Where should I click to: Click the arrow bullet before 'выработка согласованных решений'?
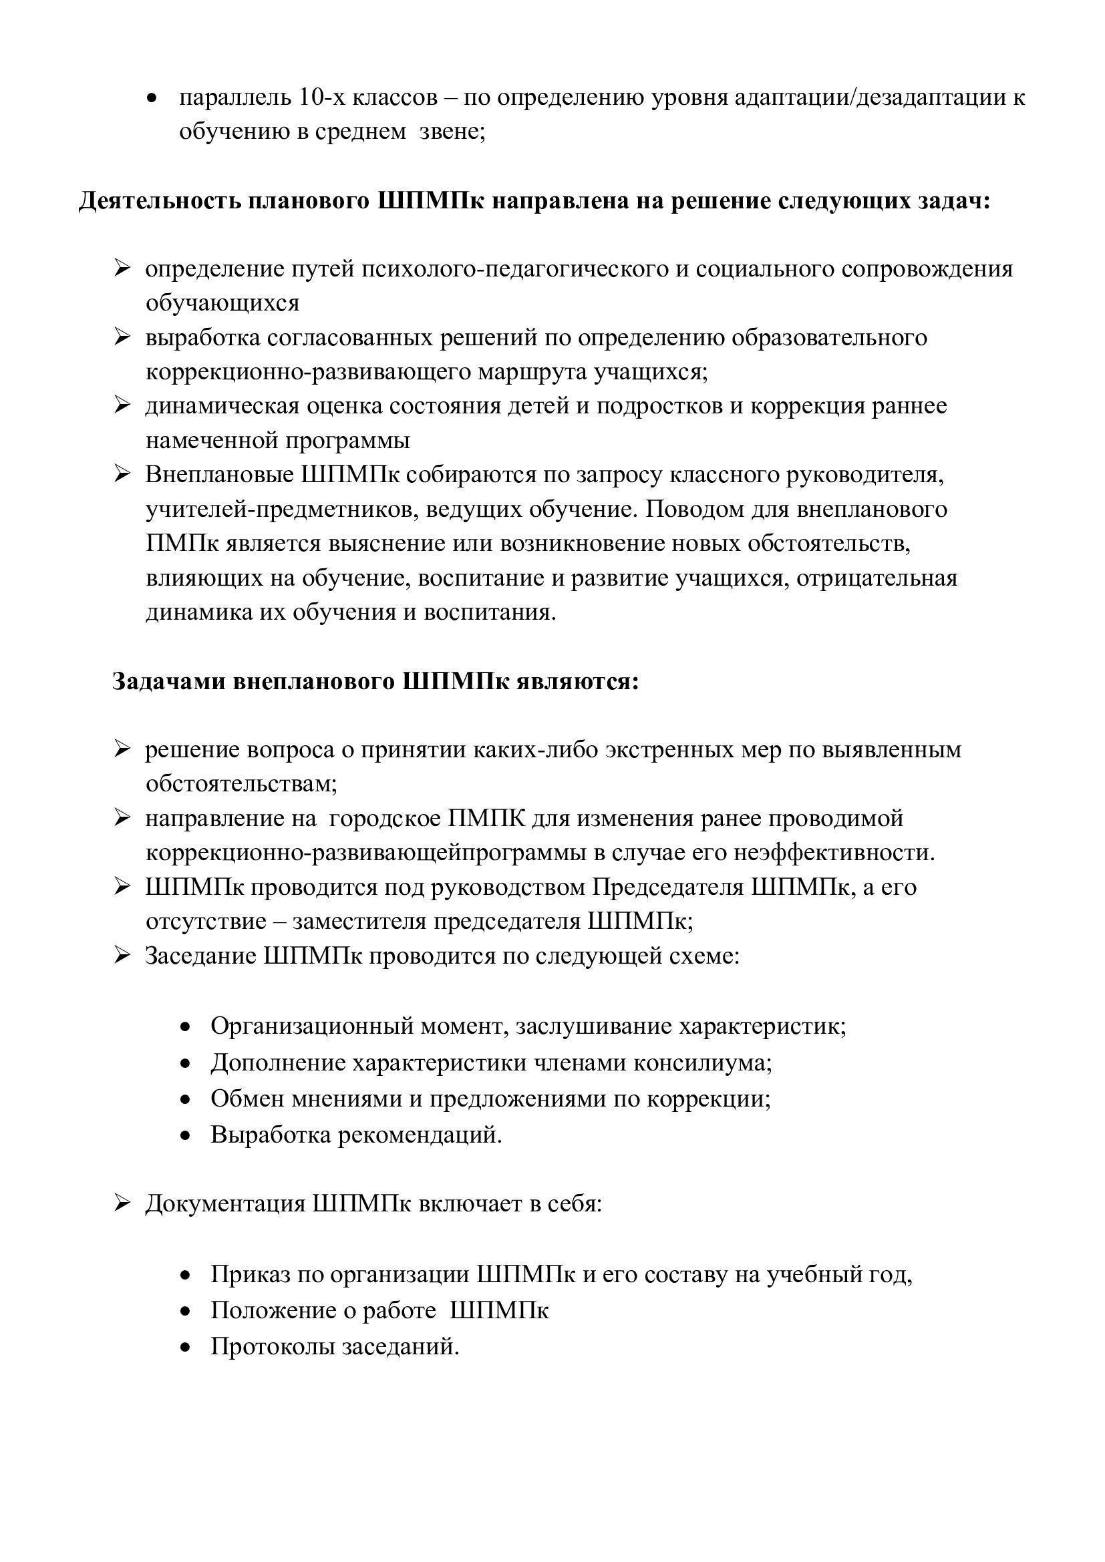tap(122, 337)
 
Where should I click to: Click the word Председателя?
tap(667, 886)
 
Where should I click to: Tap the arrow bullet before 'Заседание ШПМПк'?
tap(122, 955)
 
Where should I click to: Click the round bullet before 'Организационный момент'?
tap(185, 1026)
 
